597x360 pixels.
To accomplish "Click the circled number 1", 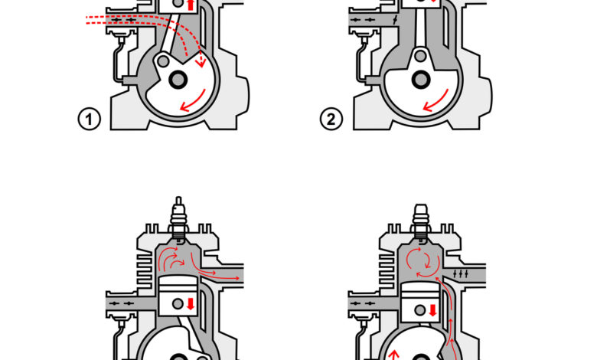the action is (x=90, y=119).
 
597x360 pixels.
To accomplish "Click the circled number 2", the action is (x=331, y=119).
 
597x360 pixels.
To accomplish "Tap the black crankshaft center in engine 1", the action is (x=178, y=80).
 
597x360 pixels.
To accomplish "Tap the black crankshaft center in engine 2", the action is (x=421, y=80).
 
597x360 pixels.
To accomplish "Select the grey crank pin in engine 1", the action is (x=163, y=61).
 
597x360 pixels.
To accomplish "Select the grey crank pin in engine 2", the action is (x=421, y=56).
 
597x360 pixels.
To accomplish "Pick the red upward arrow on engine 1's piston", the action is (x=191, y=5).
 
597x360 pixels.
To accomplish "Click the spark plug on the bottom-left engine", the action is (x=178, y=219).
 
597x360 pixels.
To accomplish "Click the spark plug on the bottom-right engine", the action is (x=421, y=221).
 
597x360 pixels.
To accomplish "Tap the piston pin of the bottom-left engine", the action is (x=178, y=303).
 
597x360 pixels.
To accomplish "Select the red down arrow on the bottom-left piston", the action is (x=191, y=304).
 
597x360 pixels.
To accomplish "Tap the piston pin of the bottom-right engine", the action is (x=420, y=310).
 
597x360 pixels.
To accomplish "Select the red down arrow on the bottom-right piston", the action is (x=433, y=310).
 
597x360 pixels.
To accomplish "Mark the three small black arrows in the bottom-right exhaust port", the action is (x=461, y=273).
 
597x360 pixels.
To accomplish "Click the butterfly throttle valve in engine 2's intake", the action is (x=395, y=20).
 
